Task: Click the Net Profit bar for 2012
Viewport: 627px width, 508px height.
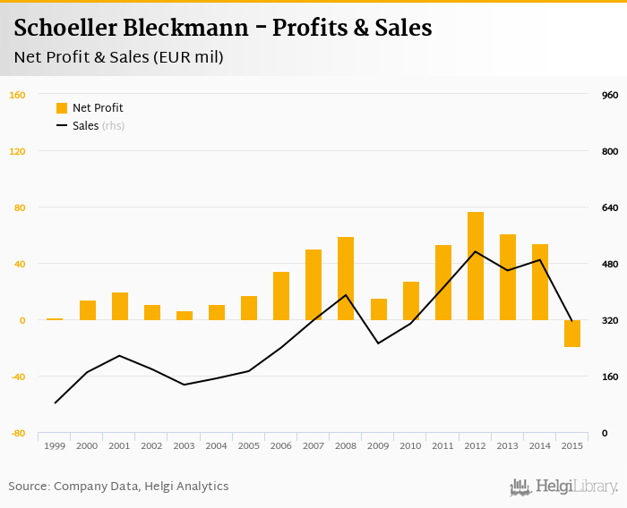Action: point(475,267)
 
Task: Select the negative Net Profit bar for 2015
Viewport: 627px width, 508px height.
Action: point(572,333)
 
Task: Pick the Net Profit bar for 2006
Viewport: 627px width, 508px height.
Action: point(281,296)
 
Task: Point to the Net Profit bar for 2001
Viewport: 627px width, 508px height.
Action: point(120,306)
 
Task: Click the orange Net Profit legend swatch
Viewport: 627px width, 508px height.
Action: point(62,108)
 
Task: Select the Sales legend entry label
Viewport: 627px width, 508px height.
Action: point(85,126)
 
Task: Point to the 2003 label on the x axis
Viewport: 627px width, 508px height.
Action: point(185,445)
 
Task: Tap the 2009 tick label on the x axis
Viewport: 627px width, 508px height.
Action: point(378,445)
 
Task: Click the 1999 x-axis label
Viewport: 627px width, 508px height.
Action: point(55,445)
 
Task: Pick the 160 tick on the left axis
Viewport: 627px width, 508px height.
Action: point(16,95)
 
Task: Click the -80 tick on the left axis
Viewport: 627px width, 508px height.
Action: point(16,433)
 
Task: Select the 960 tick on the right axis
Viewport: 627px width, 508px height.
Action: point(610,95)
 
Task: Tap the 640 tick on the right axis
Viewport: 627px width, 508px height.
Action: point(610,207)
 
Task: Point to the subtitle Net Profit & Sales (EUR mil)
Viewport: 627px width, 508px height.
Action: point(118,57)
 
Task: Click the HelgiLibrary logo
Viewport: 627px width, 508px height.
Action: point(563,487)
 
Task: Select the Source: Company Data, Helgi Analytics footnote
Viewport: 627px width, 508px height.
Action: point(118,487)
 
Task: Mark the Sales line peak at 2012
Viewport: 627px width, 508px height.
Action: point(475,251)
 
